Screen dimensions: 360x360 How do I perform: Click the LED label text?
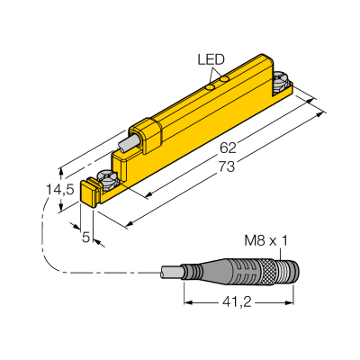pos(211,59)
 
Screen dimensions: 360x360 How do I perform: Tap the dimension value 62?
pos(228,148)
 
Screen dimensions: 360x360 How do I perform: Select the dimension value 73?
pos(227,166)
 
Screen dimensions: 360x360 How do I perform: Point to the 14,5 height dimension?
pos(59,190)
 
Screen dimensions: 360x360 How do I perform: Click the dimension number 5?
pos(86,238)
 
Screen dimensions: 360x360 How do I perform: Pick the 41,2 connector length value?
pos(237,303)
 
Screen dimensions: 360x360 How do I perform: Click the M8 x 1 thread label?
pos(265,240)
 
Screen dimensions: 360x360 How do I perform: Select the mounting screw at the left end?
pos(108,178)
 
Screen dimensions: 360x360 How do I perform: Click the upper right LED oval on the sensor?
pos(224,79)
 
